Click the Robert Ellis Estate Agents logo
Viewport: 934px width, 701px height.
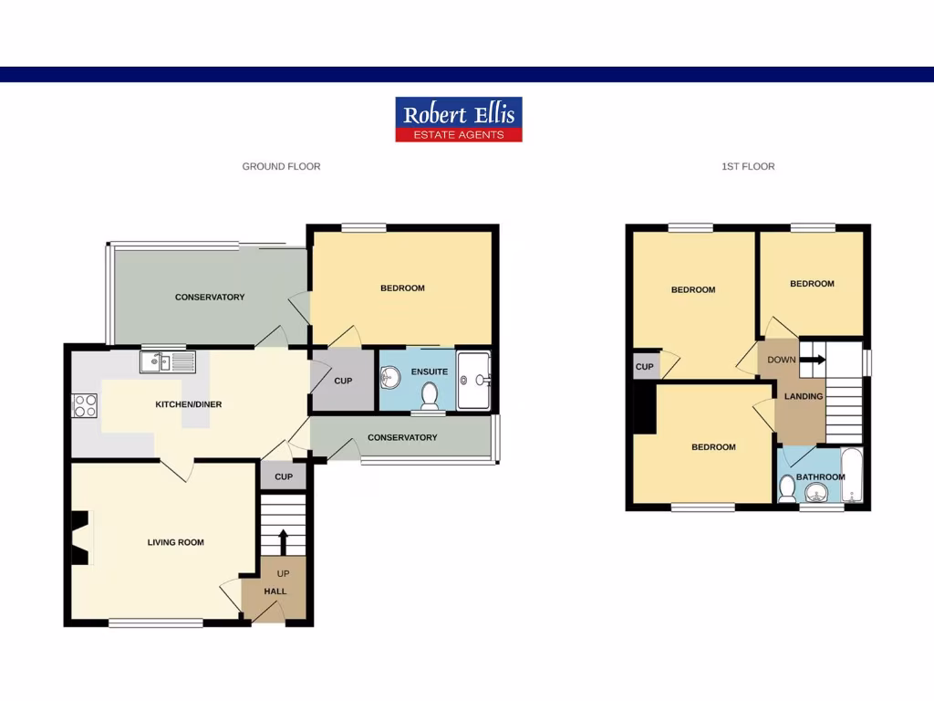pyautogui.click(x=459, y=120)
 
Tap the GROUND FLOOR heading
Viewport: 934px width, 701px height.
pyautogui.click(x=281, y=166)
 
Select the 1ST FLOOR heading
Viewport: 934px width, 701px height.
pyautogui.click(x=748, y=166)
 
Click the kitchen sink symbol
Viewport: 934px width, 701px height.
pyautogui.click(x=168, y=362)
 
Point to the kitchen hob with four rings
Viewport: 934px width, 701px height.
pyautogui.click(x=85, y=404)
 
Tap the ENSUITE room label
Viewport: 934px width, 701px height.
pyautogui.click(x=429, y=372)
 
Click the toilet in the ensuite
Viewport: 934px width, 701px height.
pyautogui.click(x=430, y=395)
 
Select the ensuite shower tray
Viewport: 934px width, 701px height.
pyautogui.click(x=473, y=380)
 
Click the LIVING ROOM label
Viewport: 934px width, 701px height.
pyautogui.click(x=176, y=542)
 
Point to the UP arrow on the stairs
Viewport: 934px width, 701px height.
pyautogui.click(x=283, y=540)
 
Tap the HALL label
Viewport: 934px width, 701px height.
pyautogui.click(x=275, y=591)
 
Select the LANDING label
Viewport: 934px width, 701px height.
pyautogui.click(x=804, y=396)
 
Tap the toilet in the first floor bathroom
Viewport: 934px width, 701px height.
pyautogui.click(x=787, y=488)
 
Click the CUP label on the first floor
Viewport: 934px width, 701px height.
pyautogui.click(x=644, y=367)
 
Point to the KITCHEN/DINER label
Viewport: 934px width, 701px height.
pyautogui.click(x=189, y=404)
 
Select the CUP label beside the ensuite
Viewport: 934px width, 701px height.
pyautogui.click(x=343, y=381)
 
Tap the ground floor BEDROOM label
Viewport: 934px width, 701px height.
pyautogui.click(x=402, y=288)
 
